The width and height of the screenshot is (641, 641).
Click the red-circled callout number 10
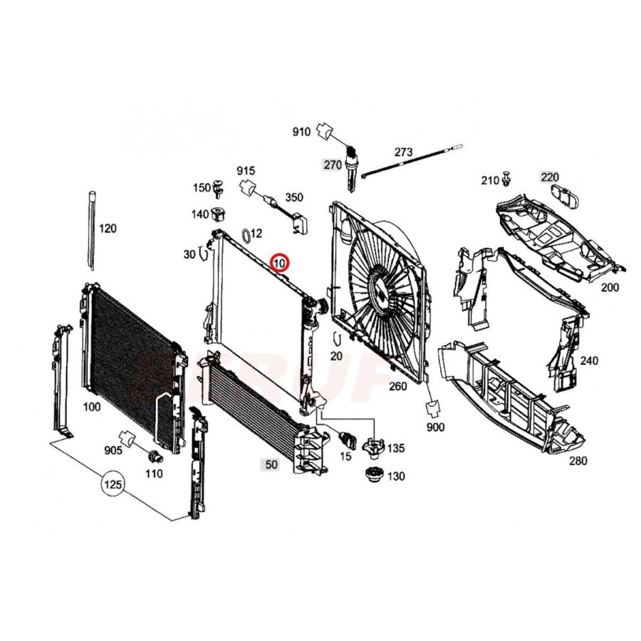(x=280, y=264)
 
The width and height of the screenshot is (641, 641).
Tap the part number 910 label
(x=301, y=132)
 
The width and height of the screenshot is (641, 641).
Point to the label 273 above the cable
(x=403, y=152)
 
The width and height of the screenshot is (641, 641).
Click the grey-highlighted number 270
(x=332, y=165)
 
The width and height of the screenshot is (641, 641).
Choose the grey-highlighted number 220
(x=550, y=177)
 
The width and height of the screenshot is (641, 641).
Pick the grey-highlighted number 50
(x=271, y=464)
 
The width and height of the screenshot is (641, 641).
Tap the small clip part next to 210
(x=506, y=178)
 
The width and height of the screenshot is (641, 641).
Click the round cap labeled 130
(x=372, y=475)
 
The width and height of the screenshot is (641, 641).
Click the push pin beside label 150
(x=218, y=189)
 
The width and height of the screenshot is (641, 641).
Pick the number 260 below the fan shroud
(x=397, y=387)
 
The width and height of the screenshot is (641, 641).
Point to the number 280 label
(x=578, y=461)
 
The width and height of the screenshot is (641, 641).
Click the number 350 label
(x=294, y=197)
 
